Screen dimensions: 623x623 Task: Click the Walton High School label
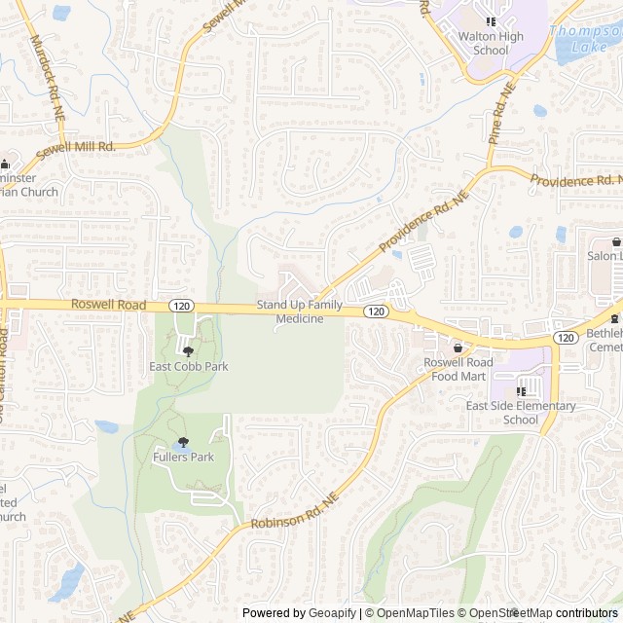click(491, 44)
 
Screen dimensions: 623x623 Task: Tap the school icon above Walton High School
click(491, 20)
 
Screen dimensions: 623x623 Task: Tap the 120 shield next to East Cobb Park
click(180, 306)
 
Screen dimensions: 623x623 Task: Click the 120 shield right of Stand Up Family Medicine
click(376, 311)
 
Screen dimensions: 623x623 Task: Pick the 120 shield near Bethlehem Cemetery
click(566, 337)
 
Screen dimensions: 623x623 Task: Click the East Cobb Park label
click(188, 367)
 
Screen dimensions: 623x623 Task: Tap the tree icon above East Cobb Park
click(188, 349)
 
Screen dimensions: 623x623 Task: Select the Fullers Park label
click(183, 457)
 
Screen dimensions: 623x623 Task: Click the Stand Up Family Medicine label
click(300, 312)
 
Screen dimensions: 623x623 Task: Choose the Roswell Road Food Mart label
click(458, 369)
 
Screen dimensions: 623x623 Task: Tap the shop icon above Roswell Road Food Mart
click(458, 348)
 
